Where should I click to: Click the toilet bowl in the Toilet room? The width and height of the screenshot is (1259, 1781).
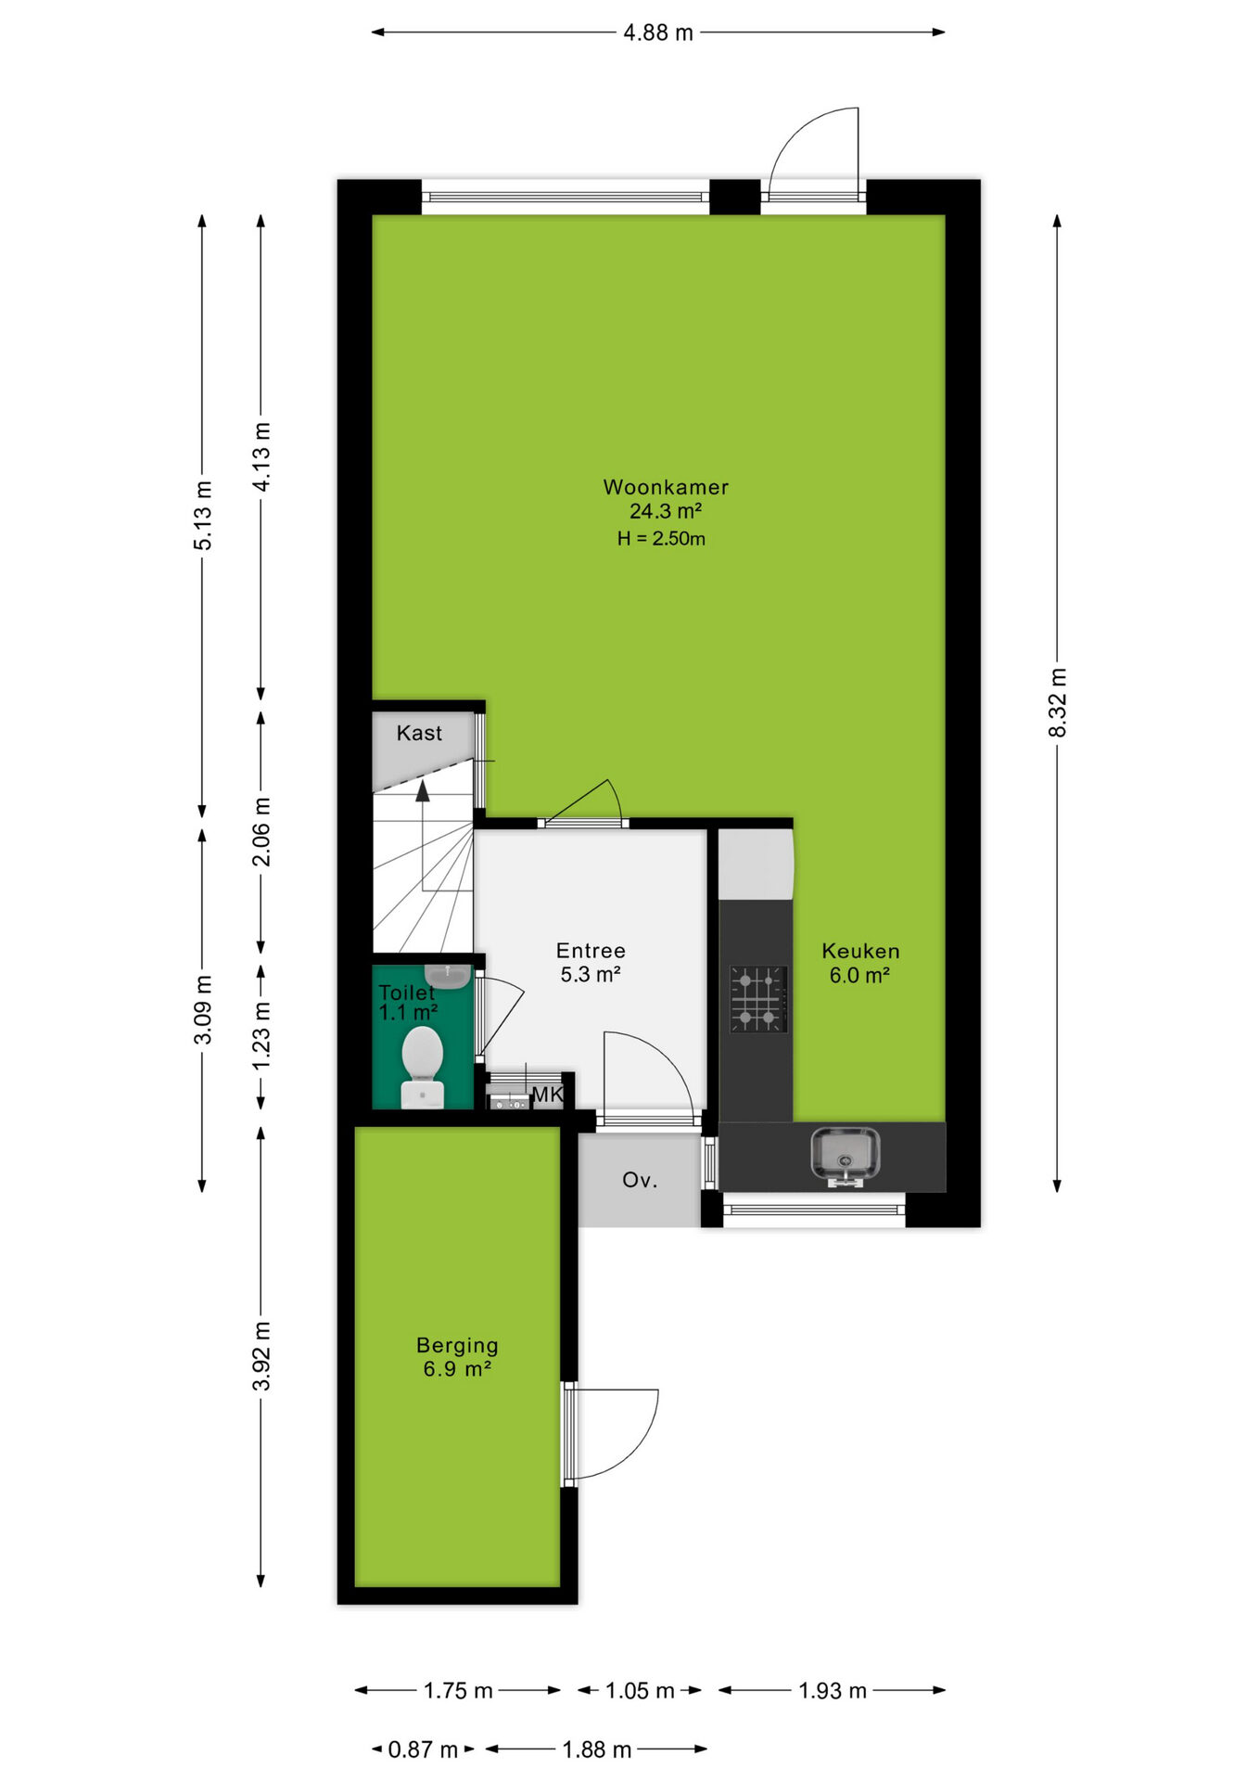click(423, 1067)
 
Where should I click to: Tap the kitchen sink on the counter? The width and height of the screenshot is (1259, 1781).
click(845, 1157)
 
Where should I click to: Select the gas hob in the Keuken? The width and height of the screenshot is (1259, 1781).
click(758, 999)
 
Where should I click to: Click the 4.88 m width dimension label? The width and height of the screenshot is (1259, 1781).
click(658, 32)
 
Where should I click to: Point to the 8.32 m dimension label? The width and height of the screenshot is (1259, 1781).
click(1058, 702)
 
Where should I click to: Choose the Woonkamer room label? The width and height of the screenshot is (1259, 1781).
click(666, 487)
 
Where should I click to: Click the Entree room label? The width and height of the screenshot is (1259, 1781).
click(591, 951)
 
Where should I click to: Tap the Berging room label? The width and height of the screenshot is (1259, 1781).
click(457, 1346)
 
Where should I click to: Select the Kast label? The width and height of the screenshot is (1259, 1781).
click(419, 733)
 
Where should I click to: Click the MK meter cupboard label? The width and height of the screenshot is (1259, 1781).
click(547, 1095)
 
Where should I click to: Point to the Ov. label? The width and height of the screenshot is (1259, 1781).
click(640, 1180)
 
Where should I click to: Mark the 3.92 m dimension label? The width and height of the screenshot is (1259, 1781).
click(262, 1355)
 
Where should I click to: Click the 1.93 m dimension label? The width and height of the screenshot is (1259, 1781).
click(833, 1691)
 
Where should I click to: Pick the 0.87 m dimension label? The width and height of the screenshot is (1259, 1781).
click(423, 1749)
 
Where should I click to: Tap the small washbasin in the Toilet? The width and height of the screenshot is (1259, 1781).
click(448, 976)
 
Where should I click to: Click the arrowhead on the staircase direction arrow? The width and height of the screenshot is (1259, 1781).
click(423, 790)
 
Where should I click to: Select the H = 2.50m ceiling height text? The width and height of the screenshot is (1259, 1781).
click(661, 538)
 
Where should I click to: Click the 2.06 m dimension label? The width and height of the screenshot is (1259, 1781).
click(262, 831)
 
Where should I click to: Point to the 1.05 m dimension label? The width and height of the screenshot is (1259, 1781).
click(640, 1691)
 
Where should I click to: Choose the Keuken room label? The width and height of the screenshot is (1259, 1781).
click(860, 951)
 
